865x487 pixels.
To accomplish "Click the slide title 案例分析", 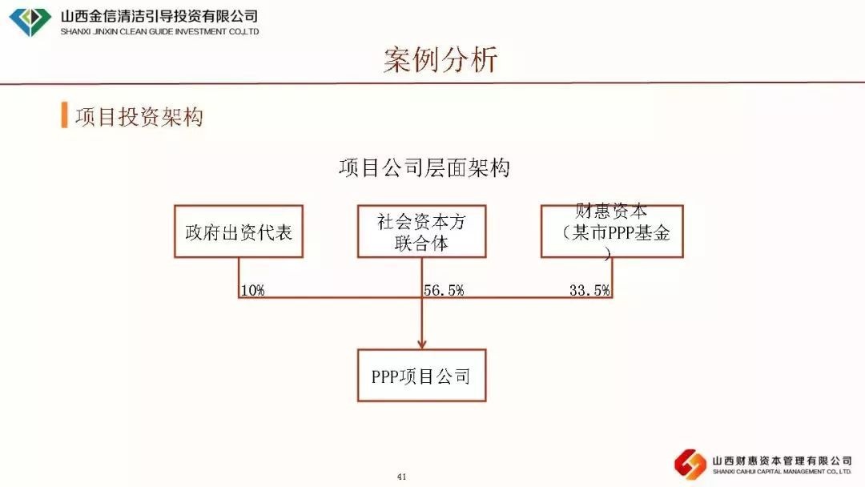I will click(x=441, y=60).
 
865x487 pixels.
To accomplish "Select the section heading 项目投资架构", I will click(x=139, y=116).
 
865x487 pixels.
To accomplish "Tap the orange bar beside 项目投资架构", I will click(x=64, y=115).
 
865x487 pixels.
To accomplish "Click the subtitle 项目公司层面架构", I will click(x=424, y=168).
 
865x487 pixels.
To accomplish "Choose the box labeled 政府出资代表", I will click(x=239, y=231).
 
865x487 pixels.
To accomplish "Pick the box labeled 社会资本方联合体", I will click(x=421, y=231).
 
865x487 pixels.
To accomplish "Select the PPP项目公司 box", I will click(x=421, y=376).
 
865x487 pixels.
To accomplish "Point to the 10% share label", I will click(x=252, y=291).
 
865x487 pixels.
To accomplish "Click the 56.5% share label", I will click(x=444, y=291).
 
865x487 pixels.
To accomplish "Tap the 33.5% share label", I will click(x=589, y=291).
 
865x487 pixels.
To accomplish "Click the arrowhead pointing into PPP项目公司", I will click(x=421, y=341).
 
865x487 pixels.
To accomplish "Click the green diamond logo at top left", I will click(x=30, y=22).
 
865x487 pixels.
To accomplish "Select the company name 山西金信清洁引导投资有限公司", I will click(x=159, y=16).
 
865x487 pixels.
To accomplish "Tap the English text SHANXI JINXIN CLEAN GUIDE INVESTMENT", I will click(x=159, y=32).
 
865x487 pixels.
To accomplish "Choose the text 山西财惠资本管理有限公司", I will click(x=782, y=461).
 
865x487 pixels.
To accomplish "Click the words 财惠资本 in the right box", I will click(x=612, y=212).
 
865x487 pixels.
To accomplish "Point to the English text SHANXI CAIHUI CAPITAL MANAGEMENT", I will click(x=782, y=473).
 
